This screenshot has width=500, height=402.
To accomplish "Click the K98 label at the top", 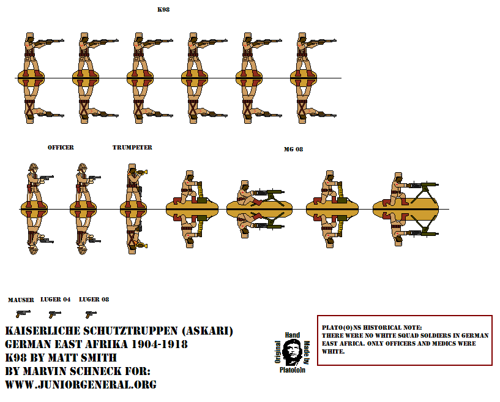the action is point(163,10).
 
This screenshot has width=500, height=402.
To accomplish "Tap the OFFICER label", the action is point(61,148).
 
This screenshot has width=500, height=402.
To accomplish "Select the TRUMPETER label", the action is point(132,148).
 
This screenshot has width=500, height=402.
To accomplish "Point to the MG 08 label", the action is point(293,149).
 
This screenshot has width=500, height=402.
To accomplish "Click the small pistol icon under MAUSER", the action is point(23,314).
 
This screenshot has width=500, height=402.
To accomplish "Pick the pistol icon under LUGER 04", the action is point(55,314).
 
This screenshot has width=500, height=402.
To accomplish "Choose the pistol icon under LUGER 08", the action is point(91,314).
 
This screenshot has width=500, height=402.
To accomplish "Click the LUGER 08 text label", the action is point(94,300).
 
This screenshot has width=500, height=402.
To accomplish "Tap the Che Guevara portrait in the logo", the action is point(292,352).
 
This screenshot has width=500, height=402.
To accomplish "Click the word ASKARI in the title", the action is point(207,331).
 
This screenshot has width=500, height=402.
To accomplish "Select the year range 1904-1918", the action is point(160,344).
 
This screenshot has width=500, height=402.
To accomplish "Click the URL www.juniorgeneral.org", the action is point(81,384).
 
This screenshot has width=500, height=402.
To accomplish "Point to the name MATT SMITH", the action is point(84,358).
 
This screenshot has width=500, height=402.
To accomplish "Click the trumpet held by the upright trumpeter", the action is point(141,172).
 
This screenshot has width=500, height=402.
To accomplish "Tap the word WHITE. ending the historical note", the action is point(333,352).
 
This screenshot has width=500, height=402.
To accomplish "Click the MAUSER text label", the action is point(21,300).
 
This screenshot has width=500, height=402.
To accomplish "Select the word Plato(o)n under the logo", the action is point(293,370).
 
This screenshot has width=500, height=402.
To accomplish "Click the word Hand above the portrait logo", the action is point(293,335).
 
